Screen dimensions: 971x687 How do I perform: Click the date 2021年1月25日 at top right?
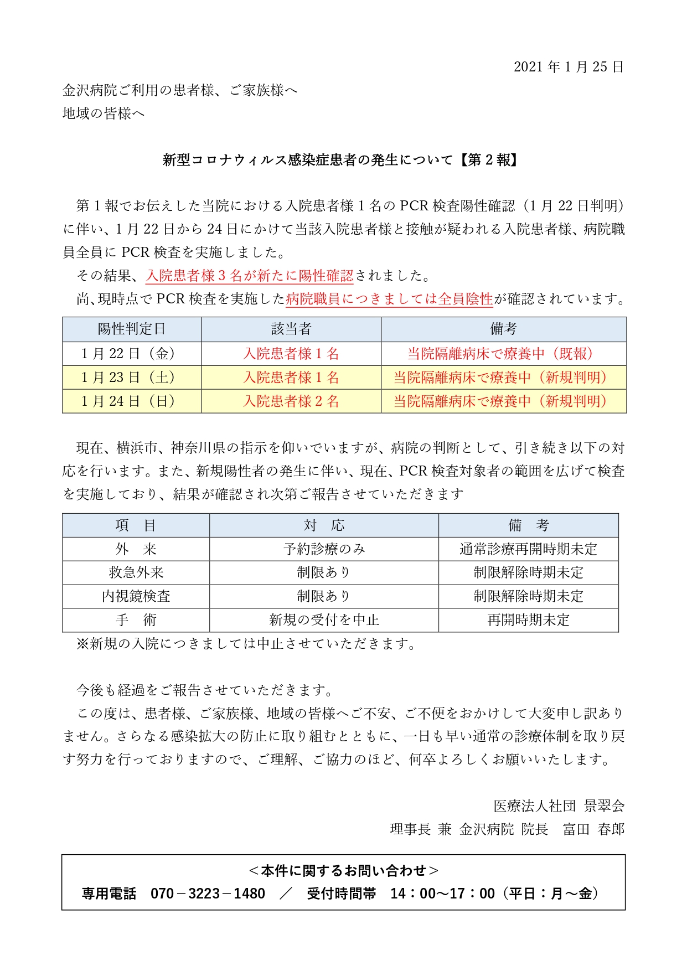click(x=569, y=67)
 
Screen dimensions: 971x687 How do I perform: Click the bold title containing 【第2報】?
click(x=341, y=160)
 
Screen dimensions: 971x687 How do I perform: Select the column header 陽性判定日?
click(x=132, y=329)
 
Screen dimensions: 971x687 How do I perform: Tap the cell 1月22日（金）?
click(x=132, y=353)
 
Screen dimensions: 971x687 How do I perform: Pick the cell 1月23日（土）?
click(x=132, y=377)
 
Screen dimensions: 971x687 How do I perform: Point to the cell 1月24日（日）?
click(x=132, y=401)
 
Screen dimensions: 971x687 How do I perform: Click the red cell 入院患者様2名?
click(x=291, y=401)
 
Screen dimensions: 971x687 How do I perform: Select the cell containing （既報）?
click(x=503, y=353)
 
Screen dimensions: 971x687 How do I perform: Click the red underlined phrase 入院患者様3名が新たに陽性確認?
click(x=250, y=275)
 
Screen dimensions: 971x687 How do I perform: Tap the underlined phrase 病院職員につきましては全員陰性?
click(x=389, y=299)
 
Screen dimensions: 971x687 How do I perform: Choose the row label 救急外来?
click(x=136, y=572)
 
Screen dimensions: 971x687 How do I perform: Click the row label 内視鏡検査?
click(x=136, y=596)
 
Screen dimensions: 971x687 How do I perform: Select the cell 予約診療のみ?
click(x=324, y=549)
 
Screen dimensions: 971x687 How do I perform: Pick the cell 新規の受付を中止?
click(x=324, y=620)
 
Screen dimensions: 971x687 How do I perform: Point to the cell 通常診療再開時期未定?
click(x=528, y=549)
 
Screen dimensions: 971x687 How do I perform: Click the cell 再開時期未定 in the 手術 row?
click(x=528, y=620)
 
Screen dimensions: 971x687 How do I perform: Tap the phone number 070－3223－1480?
click(x=208, y=893)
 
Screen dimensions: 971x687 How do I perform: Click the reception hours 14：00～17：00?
click(x=442, y=893)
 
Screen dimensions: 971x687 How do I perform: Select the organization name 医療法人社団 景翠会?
click(x=559, y=805)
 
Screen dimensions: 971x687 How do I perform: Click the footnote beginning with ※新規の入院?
click(x=247, y=644)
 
